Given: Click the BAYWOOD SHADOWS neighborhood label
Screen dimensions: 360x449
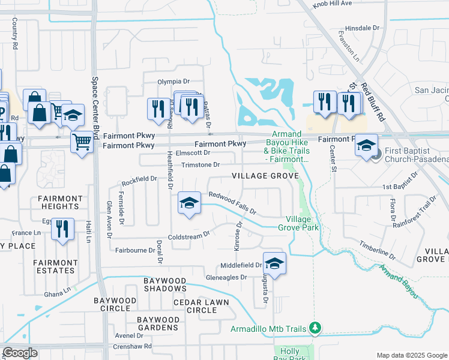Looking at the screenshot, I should [x=164, y=285].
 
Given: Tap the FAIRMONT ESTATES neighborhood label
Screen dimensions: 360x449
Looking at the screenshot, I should [x=55, y=266].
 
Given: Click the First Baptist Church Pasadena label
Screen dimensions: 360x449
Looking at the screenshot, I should [x=416, y=154].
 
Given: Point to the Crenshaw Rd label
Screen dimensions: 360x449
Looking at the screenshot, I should [x=134, y=346].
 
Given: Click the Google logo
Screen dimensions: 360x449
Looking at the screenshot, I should [x=20, y=353].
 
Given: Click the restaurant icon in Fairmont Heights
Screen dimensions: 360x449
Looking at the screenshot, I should [x=62, y=229].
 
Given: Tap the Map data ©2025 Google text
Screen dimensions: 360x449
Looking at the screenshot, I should [x=411, y=355].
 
